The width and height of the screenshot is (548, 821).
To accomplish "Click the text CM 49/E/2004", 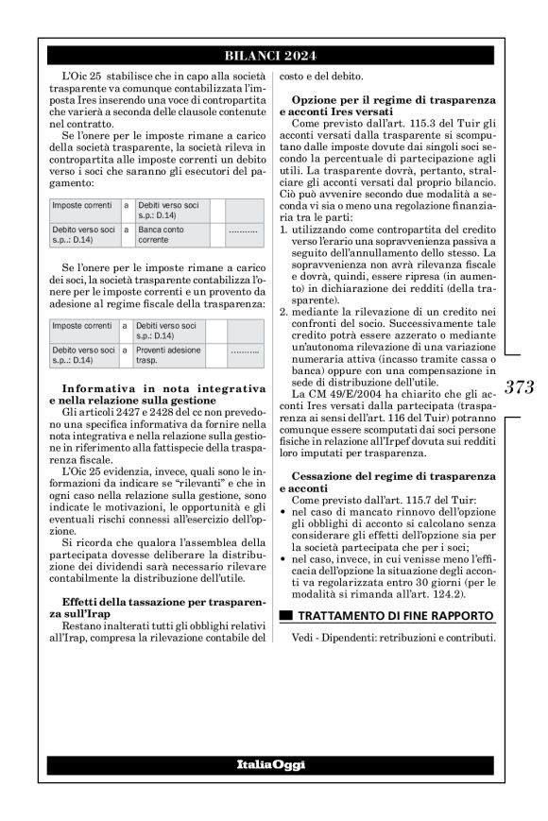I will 346,420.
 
